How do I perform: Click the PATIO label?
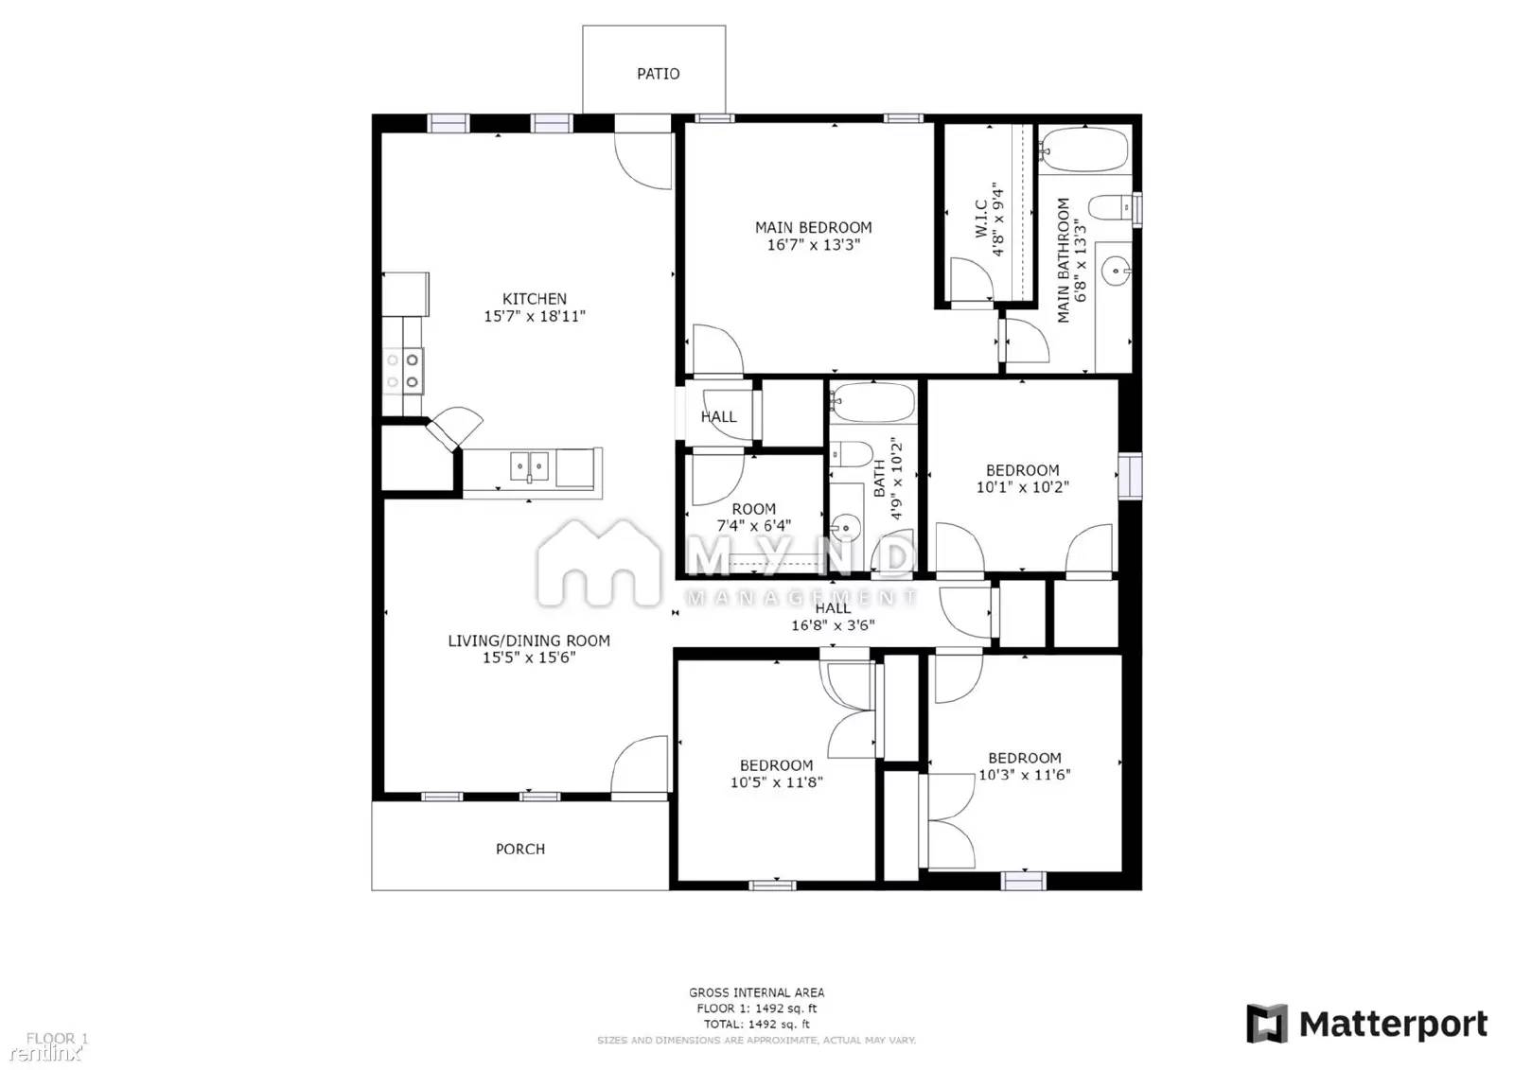[658, 74]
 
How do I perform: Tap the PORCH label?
[520, 850]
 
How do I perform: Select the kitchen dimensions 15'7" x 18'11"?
[535, 317]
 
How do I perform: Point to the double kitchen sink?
[530, 465]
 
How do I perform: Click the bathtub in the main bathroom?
[1084, 149]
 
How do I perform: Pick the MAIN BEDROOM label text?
[813, 227]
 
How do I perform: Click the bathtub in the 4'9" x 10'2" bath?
[873, 402]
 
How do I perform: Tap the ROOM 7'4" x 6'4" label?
[753, 517]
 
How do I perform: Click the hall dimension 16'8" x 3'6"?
[833, 625]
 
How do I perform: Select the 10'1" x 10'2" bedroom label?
[1022, 479]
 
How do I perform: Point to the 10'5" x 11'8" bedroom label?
[776, 774]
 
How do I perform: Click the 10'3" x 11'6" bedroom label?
[1024, 766]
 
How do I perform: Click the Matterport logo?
[1366, 1025]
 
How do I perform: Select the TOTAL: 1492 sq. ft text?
[756, 1024]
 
